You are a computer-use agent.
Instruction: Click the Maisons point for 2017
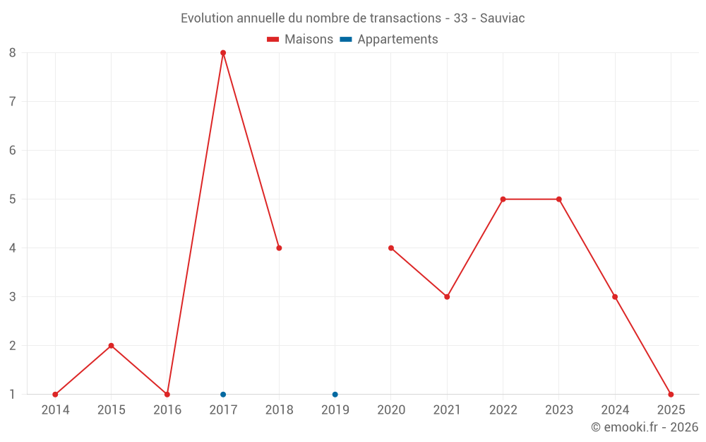[223, 52]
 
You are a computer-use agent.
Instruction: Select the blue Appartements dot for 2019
[335, 395]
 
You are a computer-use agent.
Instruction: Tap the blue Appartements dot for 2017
[223, 395]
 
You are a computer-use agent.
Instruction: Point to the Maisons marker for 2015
[111, 346]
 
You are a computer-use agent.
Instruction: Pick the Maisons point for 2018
[279, 248]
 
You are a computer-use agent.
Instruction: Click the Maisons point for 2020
[391, 248]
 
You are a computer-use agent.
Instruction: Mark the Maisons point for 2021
[447, 297]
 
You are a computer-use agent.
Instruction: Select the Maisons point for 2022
[503, 199]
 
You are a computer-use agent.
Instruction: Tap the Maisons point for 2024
[615, 297]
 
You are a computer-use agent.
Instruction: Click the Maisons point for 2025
[671, 395]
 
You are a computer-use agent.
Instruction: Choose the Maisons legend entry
[300, 40]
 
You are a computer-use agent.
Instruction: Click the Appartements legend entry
[390, 40]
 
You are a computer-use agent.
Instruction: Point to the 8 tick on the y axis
[13, 52]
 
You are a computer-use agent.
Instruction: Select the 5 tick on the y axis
[13, 199]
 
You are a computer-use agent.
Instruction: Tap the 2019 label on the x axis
[335, 409]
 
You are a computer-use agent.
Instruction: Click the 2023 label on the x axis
[559, 409]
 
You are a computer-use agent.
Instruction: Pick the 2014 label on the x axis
[55, 409]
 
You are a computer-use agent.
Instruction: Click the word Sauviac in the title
[502, 18]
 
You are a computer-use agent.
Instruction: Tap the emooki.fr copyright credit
[644, 427]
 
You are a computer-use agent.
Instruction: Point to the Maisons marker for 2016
[167, 395]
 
